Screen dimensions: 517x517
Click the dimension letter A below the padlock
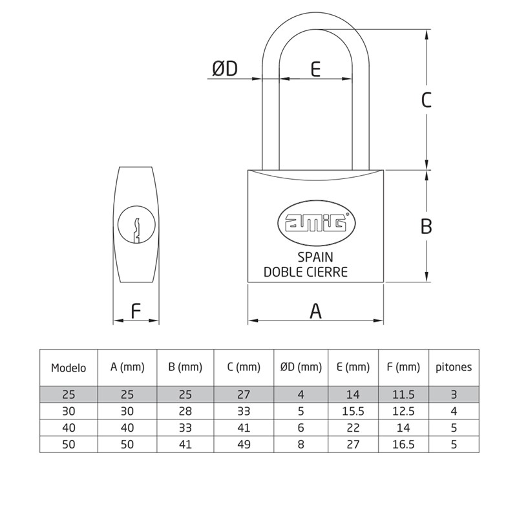(315, 311)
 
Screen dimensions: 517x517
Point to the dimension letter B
(426, 226)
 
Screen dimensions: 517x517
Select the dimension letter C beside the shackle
(426, 100)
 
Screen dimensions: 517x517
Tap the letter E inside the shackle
(315, 69)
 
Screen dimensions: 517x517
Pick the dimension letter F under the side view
(136, 311)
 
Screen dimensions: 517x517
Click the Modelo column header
(69, 368)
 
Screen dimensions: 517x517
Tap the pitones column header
(453, 367)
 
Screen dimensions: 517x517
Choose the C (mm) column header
(244, 368)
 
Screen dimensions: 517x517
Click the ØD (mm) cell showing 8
(301, 445)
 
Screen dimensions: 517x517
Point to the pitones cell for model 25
(453, 394)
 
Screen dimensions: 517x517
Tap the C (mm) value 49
(244, 445)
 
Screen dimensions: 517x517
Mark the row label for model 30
(69, 411)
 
